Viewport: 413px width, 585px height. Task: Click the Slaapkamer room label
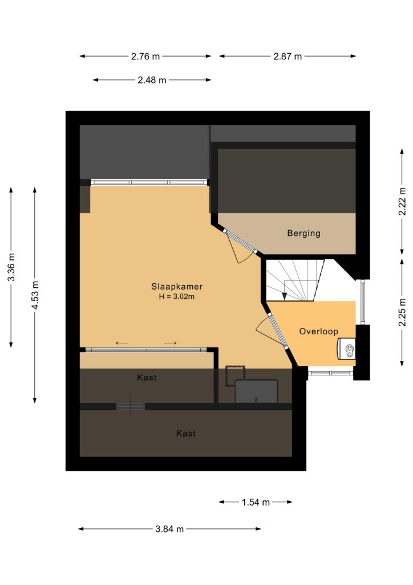point(176,287)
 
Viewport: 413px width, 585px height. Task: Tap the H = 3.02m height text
point(176,297)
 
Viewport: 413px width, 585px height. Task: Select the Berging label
point(303,233)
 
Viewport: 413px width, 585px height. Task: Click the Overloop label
point(318,331)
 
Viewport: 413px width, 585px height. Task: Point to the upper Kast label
point(147,378)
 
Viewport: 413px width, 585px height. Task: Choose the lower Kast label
point(186,434)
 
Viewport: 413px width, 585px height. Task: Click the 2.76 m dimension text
point(145,57)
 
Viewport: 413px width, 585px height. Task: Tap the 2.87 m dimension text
point(288,57)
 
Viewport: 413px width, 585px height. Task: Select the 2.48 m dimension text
point(152,80)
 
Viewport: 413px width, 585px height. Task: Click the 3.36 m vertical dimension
point(11,267)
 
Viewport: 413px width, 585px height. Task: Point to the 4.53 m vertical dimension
point(35,295)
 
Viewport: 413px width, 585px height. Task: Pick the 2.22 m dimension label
point(402,201)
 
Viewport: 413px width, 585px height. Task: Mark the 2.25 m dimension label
point(402,312)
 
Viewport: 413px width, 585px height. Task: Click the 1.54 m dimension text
point(256,502)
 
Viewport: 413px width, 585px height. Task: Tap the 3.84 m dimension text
point(169,529)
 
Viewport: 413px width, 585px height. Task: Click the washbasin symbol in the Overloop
point(346,349)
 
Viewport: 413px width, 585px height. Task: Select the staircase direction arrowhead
point(285,295)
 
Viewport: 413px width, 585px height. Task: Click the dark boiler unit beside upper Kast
point(256,391)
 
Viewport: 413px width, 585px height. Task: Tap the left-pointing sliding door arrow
point(122,343)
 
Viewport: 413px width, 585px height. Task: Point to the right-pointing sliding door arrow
point(170,343)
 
